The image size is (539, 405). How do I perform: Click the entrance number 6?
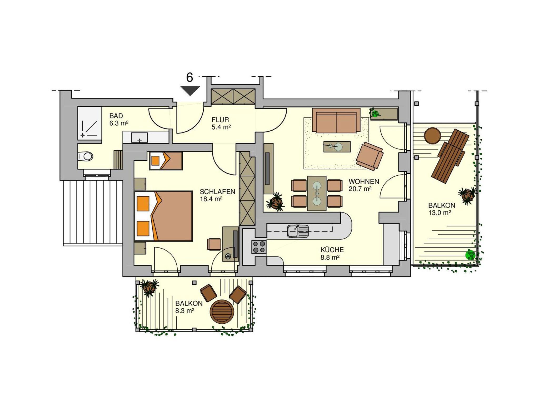pyautogui.click(x=189, y=77)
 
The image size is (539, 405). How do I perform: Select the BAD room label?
pyautogui.click(x=116, y=116)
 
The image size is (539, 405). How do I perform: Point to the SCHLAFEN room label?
pyautogui.click(x=217, y=192)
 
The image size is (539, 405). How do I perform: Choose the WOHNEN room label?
pyautogui.click(x=364, y=181)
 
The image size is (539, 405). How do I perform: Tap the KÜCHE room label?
pyautogui.click(x=332, y=250)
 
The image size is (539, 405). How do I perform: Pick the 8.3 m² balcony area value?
pyautogui.click(x=185, y=311)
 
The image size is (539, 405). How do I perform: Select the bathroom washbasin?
pyautogui.click(x=139, y=137)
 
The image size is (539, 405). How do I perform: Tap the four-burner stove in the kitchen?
pyautogui.click(x=259, y=247)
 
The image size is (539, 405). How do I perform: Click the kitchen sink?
pyautogui.click(x=298, y=231)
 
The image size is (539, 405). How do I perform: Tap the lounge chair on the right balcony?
pyautogui.click(x=450, y=156)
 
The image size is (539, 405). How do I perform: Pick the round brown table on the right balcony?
pyautogui.click(x=432, y=136)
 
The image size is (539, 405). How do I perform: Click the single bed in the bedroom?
pyautogui.click(x=166, y=161)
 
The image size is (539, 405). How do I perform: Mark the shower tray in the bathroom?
pyautogui.click(x=89, y=123)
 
